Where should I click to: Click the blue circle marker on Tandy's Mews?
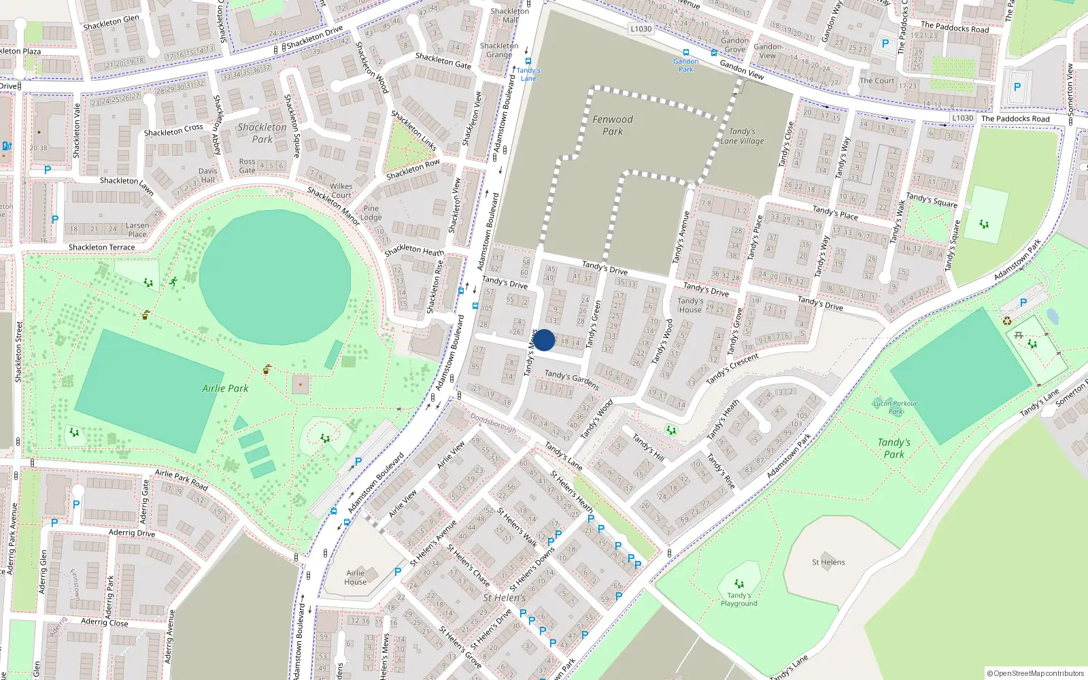pyautogui.click(x=544, y=340)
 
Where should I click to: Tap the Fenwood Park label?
pyautogui.click(x=613, y=125)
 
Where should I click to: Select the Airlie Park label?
pyautogui.click(x=225, y=388)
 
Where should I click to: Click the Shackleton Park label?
pyautogui.click(x=262, y=133)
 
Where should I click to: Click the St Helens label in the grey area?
pyautogui.click(x=828, y=562)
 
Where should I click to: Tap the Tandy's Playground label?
pyautogui.click(x=738, y=599)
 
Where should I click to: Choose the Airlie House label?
pyautogui.click(x=355, y=577)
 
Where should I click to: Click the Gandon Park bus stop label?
pyautogui.click(x=686, y=65)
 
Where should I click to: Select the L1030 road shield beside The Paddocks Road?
pyautogui.click(x=962, y=118)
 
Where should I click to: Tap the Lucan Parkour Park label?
pyautogui.click(x=895, y=407)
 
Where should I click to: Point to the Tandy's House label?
pyautogui.click(x=690, y=305)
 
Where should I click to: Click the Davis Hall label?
pyautogui.click(x=208, y=175)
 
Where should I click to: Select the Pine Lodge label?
pyautogui.click(x=371, y=213)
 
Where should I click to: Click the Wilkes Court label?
pyautogui.click(x=341, y=190)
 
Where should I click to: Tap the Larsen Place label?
pyautogui.click(x=137, y=230)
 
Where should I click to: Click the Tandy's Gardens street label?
pyautogui.click(x=571, y=380)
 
